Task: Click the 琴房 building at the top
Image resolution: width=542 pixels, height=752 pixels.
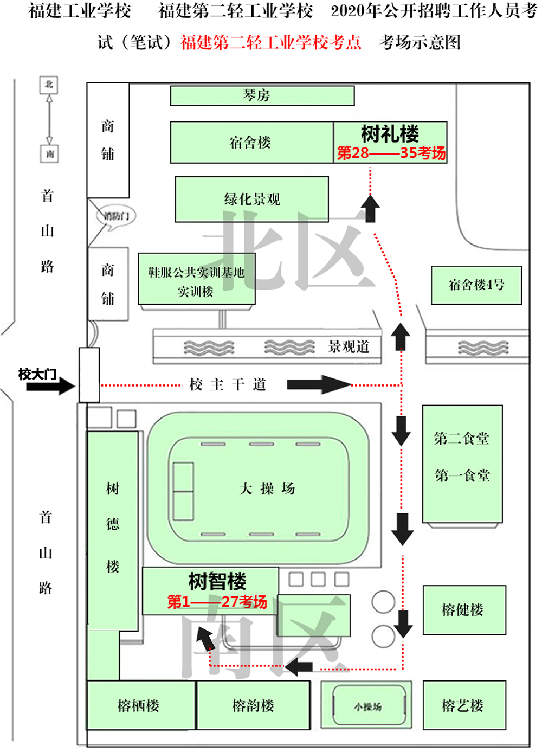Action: (262, 96)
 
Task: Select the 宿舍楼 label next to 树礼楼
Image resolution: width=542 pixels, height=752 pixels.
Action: (250, 143)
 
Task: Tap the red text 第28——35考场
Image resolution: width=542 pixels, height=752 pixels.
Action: (391, 153)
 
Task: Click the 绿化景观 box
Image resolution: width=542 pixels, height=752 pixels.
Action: (252, 200)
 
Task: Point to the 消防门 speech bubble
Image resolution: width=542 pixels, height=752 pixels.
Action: (115, 216)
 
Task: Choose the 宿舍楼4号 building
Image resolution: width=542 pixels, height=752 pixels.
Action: (476, 285)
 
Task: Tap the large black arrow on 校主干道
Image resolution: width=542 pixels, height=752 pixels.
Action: (319, 384)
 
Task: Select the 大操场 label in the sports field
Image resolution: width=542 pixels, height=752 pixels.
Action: (267, 489)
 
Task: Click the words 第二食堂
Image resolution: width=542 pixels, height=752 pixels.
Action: (462, 438)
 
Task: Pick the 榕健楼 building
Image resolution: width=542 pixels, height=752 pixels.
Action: (464, 610)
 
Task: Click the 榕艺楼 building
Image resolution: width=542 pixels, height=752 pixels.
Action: (463, 705)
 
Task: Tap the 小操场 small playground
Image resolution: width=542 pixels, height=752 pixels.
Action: (368, 706)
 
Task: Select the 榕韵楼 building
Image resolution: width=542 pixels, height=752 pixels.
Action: (253, 705)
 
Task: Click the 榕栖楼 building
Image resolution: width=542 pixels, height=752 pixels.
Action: (139, 705)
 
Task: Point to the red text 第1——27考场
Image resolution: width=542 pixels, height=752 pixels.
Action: (217, 602)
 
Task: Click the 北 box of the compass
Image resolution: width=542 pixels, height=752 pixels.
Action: (49, 85)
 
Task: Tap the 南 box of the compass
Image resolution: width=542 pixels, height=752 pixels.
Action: (49, 154)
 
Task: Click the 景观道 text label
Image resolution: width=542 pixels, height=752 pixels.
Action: (349, 347)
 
